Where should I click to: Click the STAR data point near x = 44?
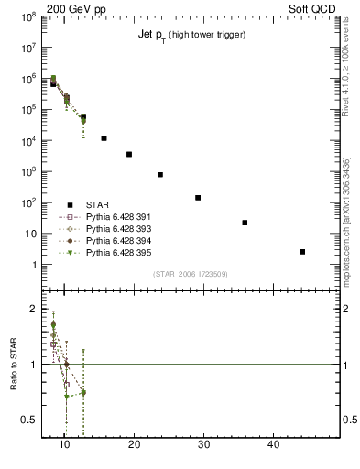pos(302,251)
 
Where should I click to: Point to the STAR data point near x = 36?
pos(245,223)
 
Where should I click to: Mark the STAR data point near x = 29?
pos(198,197)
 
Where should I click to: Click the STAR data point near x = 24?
pos(160,174)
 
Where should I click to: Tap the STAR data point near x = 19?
pos(129,154)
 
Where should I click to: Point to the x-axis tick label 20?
pos(134,444)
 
